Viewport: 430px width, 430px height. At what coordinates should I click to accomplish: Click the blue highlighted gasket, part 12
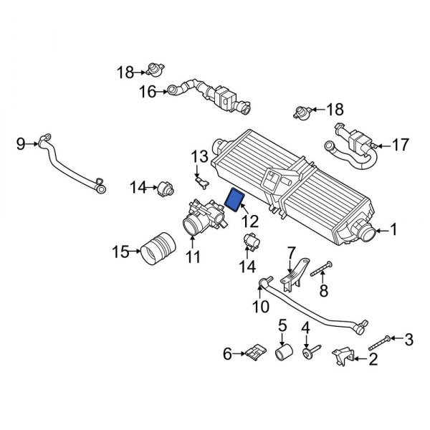coord(236,199)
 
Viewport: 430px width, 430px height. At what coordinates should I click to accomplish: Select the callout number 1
coord(392,231)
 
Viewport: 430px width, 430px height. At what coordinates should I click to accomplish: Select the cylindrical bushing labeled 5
coord(285,354)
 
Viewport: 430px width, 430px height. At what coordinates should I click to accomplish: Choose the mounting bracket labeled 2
coord(342,355)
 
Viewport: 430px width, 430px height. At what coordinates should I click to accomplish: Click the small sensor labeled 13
coord(202,176)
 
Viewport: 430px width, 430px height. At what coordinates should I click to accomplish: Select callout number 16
coord(146,91)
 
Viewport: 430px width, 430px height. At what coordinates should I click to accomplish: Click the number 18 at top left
coord(125,72)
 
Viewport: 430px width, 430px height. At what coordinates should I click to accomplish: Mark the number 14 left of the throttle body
coord(138,188)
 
